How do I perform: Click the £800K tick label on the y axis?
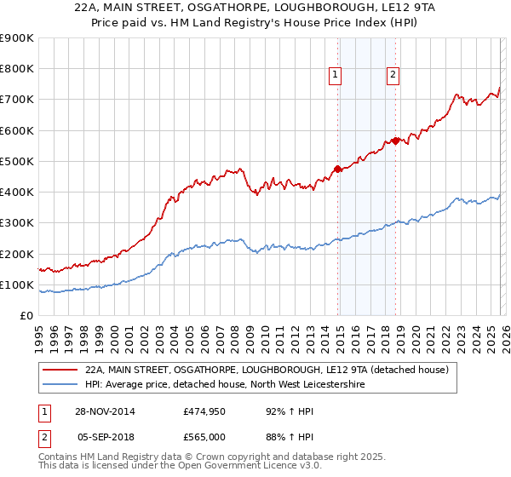pos(17,69)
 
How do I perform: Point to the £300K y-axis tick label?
pos(17,223)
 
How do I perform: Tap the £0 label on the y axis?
pos(26,316)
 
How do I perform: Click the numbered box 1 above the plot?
pos(336,75)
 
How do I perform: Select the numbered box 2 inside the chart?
pos(393,75)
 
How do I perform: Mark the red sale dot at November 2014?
pos(338,169)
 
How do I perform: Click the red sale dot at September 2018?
pos(395,141)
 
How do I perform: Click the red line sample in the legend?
pos(60,371)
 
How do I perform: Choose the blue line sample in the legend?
pos(60,385)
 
